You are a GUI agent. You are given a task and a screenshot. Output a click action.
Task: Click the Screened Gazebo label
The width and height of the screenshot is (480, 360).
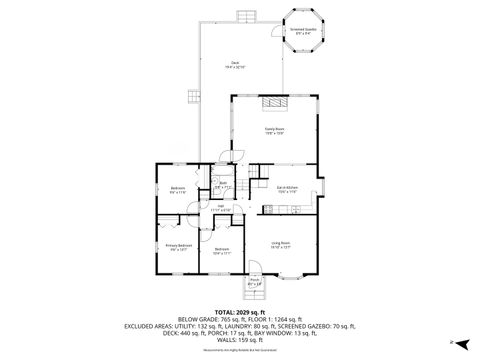(x=305, y=31)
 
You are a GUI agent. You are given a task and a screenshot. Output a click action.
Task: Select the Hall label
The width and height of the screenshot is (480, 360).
(x=225, y=209)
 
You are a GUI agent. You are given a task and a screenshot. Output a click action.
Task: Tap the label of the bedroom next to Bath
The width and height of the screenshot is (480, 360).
(x=177, y=190)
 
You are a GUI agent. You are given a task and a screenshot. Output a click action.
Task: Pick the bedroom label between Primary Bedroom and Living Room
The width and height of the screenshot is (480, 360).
(x=221, y=251)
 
